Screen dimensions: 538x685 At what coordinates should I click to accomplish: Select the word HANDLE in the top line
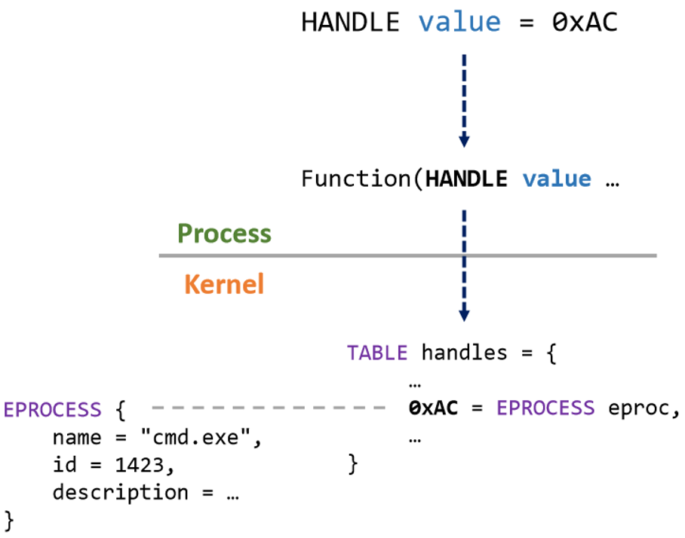click(x=350, y=22)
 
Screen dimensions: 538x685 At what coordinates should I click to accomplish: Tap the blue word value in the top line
click(x=459, y=22)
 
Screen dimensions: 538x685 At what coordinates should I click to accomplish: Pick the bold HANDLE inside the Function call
click(x=466, y=179)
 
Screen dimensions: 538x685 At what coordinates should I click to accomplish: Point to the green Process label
click(x=224, y=234)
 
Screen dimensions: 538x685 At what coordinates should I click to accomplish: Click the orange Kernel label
click(x=224, y=284)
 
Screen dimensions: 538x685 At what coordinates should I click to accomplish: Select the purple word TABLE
click(x=377, y=353)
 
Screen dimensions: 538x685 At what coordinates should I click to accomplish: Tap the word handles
click(x=464, y=353)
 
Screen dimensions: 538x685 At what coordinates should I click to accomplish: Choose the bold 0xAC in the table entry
click(x=433, y=408)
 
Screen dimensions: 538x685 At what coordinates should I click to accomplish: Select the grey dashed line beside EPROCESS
click(x=269, y=408)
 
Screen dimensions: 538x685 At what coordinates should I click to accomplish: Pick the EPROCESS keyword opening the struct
click(x=53, y=409)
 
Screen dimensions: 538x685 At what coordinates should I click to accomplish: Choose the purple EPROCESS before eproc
click(x=545, y=408)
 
